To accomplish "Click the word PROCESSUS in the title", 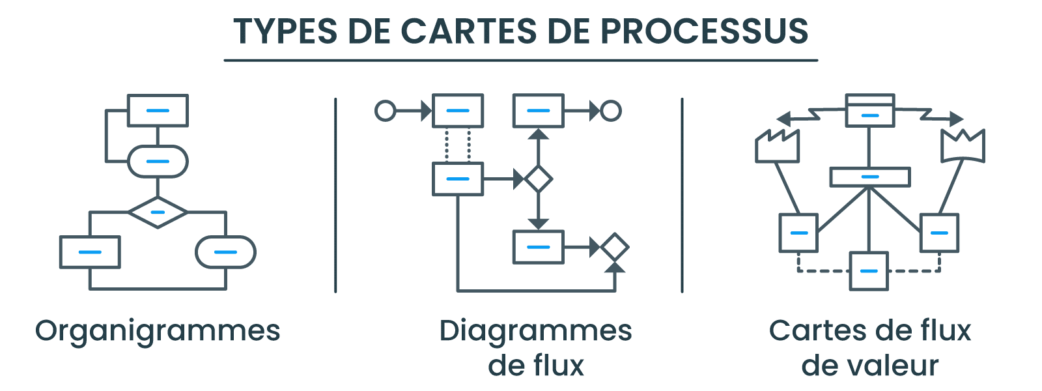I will pos(704,31).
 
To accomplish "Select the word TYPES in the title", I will pos(285,31).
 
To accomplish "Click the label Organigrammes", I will pos(158,331).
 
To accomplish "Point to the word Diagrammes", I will pos(535,331).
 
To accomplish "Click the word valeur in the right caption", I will pos(895,366).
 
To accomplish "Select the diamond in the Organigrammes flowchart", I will pos(158,212).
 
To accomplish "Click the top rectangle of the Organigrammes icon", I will pos(158,110).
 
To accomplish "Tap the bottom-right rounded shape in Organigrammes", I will pos(225,252).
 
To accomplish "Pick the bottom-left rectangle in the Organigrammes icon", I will pos(90,252).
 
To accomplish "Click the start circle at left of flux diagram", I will pos(385,111).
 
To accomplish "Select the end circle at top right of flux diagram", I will pos(611,111).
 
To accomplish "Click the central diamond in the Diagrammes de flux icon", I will pos(538,179).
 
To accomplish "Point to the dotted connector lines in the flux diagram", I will pos(458,145).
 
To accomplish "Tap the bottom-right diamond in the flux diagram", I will pos(614,247).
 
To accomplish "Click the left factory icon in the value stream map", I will pos(777,147).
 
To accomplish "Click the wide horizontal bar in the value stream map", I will pos(869,177).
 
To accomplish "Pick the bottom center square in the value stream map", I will pos(869,270).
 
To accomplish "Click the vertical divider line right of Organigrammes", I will pos(335,195).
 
